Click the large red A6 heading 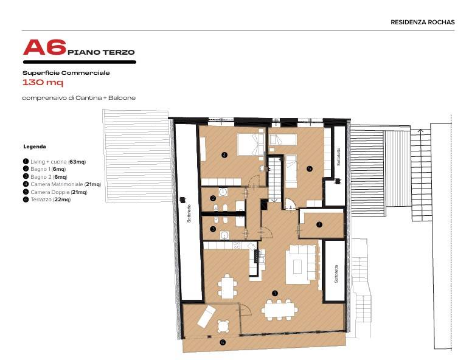pyautogui.click(x=43, y=49)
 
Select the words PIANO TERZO pyautogui.click(x=101, y=52)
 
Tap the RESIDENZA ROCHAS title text pyautogui.click(x=422, y=22)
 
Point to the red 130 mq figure pyautogui.click(x=43, y=83)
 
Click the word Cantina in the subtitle pyautogui.click(x=89, y=98)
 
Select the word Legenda pyautogui.click(x=35, y=147)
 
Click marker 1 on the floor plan pyautogui.click(x=275, y=292)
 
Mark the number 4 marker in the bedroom pyautogui.click(x=224, y=155)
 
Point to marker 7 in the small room pyautogui.click(x=319, y=224)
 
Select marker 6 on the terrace pyautogui.click(x=222, y=343)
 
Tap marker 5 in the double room pyautogui.click(x=309, y=168)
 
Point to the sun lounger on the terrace pyautogui.click(x=203, y=316)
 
